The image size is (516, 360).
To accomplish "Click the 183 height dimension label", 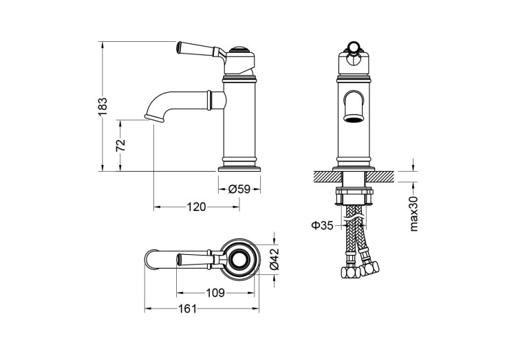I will pos(103,107).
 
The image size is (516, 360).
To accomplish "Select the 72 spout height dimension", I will pos(120,145).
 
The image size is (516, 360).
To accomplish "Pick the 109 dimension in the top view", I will pos(216,293).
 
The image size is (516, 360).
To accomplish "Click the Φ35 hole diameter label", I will pos(322,225).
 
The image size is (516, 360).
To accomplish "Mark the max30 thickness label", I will pos(413,213).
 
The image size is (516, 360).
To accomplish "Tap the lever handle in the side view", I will pos(198,49).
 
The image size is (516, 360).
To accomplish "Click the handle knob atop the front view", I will pos(354,48).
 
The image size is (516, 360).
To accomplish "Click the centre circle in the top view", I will pos(240,259).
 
